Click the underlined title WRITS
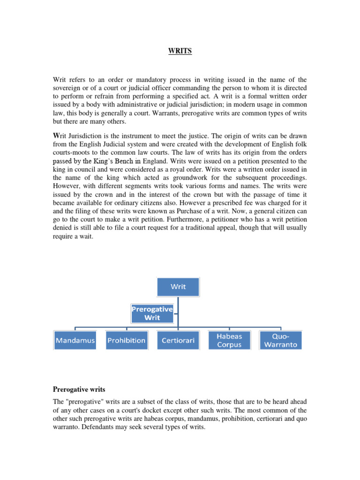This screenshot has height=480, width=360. coord(180,51)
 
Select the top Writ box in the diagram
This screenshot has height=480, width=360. coord(178,287)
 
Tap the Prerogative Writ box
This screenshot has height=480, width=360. coord(152,313)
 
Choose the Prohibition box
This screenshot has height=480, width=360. coord(126,340)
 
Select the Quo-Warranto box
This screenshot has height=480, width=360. coord(280,340)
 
